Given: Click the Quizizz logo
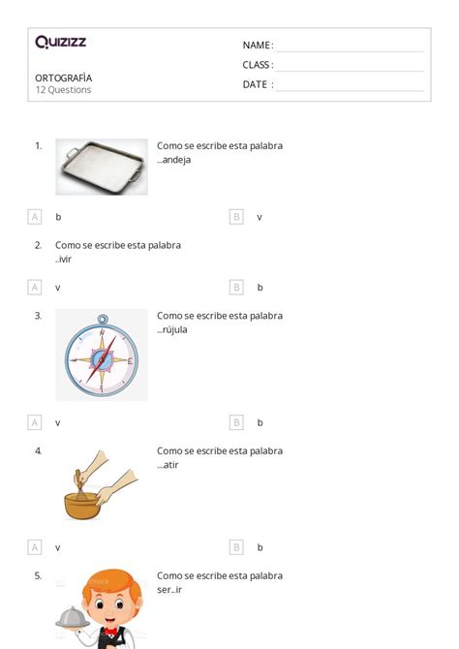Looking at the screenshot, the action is pos(61,42).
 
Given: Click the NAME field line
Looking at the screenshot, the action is pos(351,51).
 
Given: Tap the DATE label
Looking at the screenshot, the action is pos(255,84).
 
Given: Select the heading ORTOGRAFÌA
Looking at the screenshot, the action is pos(63,77).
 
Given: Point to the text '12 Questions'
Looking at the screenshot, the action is pos(63,90).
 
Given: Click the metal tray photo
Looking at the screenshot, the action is pos(102,167).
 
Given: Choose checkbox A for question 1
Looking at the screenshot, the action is pos(35,216).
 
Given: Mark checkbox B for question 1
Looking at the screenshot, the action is pos(236,216).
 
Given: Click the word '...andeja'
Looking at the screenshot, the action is pos(174,160).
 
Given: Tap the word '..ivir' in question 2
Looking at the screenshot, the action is pos(63,259).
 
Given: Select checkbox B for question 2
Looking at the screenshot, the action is pos(236,288).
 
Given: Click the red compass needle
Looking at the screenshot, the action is pos(100,360).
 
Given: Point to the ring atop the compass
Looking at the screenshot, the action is pos(103,320).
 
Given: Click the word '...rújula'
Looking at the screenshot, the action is pos(172,330).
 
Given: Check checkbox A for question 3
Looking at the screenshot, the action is pos(35,422).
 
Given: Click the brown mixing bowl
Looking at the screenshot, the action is pos(82,506).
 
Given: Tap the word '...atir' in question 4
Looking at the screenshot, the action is pos(168,465).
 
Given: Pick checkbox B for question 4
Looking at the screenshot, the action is pos(236,547).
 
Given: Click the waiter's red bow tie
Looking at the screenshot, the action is pos(110,632).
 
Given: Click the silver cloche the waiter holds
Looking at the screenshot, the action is pos(73,618).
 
